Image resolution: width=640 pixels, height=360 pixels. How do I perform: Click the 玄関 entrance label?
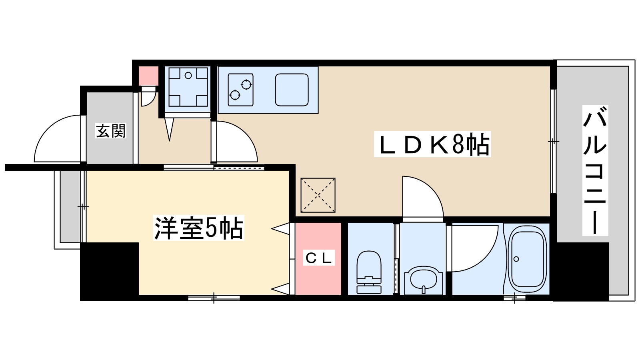(110, 131)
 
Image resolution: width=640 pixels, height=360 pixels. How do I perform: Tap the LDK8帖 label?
(432, 144)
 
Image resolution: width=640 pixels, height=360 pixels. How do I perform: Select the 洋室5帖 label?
(198, 228)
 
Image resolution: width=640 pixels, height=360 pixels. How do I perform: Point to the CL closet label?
(318, 258)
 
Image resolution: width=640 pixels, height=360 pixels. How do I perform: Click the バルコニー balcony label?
(595, 170)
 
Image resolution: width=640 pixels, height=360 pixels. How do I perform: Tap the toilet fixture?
(369, 272)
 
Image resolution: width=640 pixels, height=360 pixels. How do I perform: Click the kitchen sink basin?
(292, 90)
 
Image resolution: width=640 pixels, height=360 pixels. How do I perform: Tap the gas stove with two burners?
(240, 90)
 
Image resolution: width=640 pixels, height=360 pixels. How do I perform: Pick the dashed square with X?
(318, 195)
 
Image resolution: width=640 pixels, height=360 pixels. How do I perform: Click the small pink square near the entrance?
(148, 75)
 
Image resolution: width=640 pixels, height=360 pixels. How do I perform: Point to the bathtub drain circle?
(516, 259)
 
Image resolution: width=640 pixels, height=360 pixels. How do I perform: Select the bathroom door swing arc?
(474, 248)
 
